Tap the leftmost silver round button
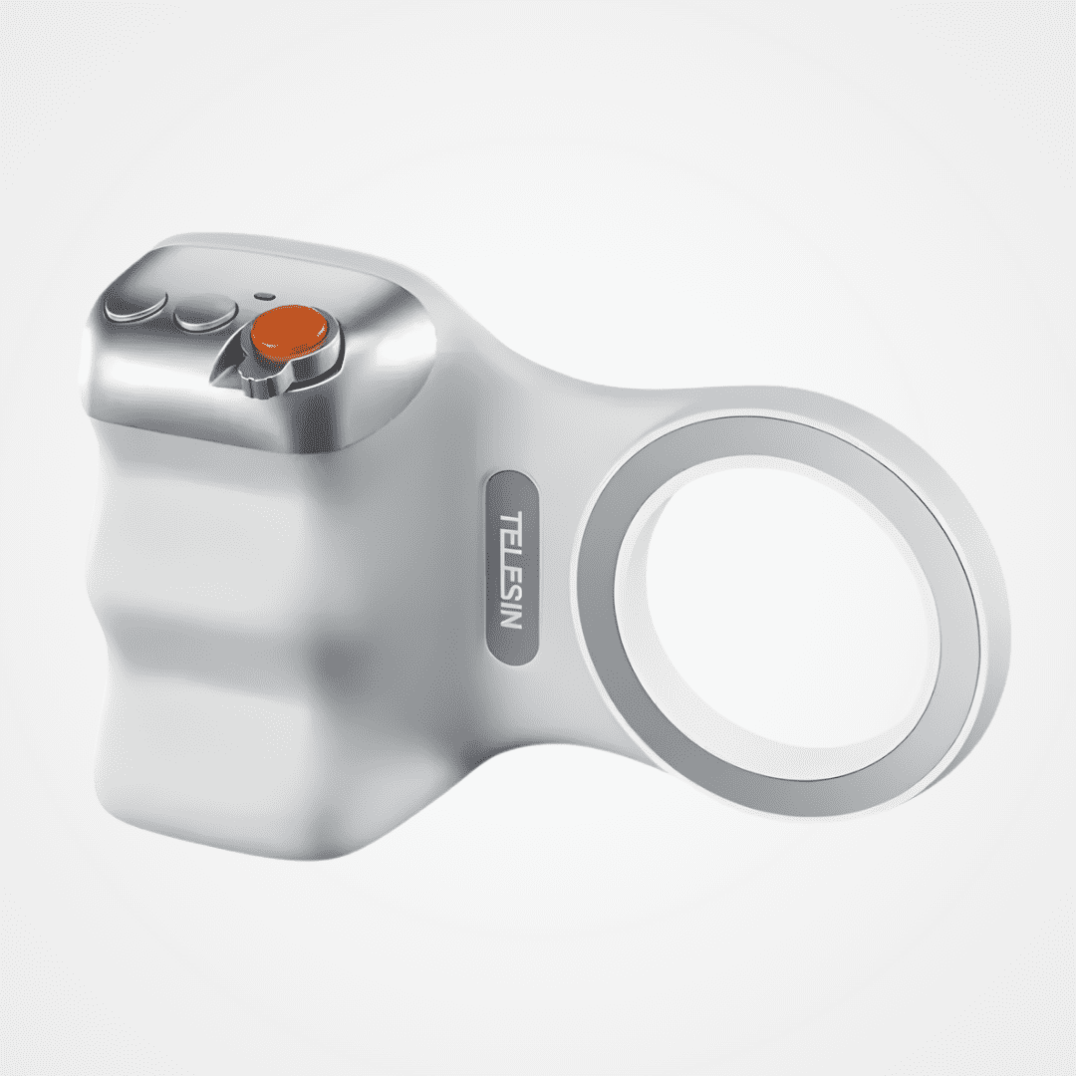point(135,307)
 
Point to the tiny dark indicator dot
point(263,296)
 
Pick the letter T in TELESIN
point(510,521)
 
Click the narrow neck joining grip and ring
point(558,418)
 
